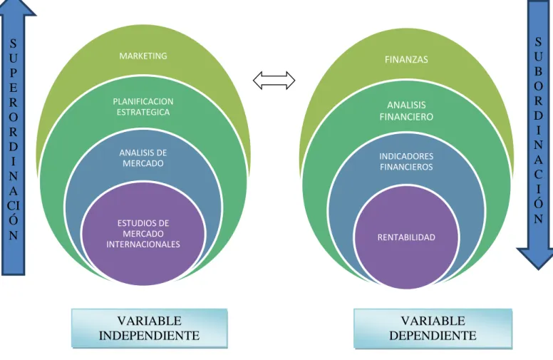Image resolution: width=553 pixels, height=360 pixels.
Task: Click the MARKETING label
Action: (143, 56)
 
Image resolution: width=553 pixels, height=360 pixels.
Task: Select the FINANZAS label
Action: (406, 59)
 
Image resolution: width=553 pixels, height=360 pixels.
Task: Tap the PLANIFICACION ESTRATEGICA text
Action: (143, 107)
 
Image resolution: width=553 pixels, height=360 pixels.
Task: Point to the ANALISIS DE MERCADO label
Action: (143, 158)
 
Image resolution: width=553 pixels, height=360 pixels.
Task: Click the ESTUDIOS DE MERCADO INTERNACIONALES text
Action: (143, 234)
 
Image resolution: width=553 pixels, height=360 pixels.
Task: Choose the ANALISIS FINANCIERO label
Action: (406, 110)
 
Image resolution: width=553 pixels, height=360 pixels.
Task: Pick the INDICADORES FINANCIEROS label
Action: (406, 161)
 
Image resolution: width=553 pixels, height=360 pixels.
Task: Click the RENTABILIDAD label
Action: (406, 237)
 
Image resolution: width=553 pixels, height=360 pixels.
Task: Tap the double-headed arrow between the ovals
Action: (274, 81)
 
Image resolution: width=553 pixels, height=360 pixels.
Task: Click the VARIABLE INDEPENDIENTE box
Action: (150, 328)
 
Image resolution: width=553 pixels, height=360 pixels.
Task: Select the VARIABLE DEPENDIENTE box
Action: (433, 328)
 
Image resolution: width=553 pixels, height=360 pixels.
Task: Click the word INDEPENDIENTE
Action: (149, 335)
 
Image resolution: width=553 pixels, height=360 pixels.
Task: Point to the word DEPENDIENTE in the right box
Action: (433, 335)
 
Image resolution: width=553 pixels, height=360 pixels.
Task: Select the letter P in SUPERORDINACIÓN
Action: (14, 73)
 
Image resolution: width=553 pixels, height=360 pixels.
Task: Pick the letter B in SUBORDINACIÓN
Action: (538, 71)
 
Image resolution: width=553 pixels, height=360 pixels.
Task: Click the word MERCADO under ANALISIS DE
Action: (143, 163)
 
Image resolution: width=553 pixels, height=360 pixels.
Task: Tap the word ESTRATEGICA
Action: (143, 112)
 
